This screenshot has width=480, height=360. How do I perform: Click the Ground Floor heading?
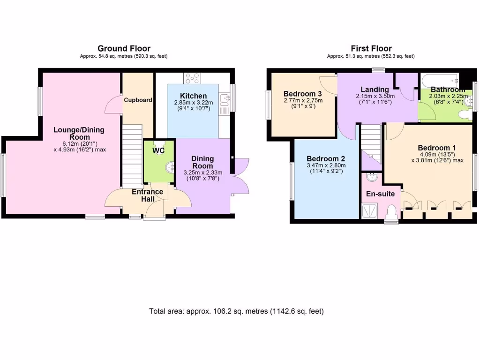[x=124, y=48]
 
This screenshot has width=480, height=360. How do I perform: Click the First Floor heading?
[x=371, y=48]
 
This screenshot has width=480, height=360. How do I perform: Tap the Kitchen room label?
[x=193, y=96]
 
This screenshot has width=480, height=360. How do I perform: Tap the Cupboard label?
[x=138, y=100]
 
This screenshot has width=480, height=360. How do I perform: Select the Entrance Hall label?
[x=147, y=195]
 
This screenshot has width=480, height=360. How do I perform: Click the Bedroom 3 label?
[x=300, y=93]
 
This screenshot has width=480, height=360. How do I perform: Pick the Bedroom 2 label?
[x=326, y=158]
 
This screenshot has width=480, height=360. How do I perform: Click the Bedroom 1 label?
[x=437, y=148]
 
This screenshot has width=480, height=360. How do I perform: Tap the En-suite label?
[x=381, y=194]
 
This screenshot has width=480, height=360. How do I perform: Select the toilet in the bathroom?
[x=464, y=114]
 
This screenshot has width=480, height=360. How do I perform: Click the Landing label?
[x=375, y=90]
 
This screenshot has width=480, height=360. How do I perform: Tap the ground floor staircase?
[x=132, y=155]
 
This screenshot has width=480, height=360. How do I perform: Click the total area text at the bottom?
[x=236, y=311]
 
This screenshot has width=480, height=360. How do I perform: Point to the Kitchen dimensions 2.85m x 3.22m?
[x=193, y=103]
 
